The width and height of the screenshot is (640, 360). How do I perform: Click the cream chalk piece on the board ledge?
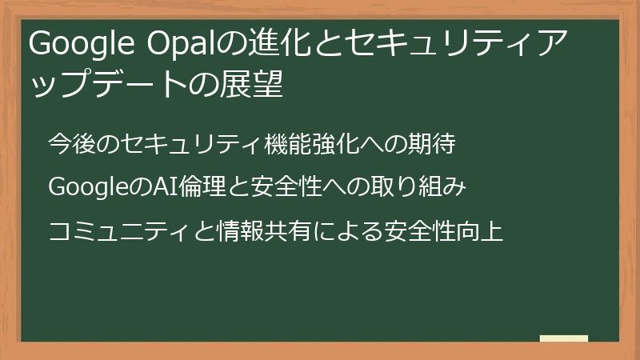tap(563, 338)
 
